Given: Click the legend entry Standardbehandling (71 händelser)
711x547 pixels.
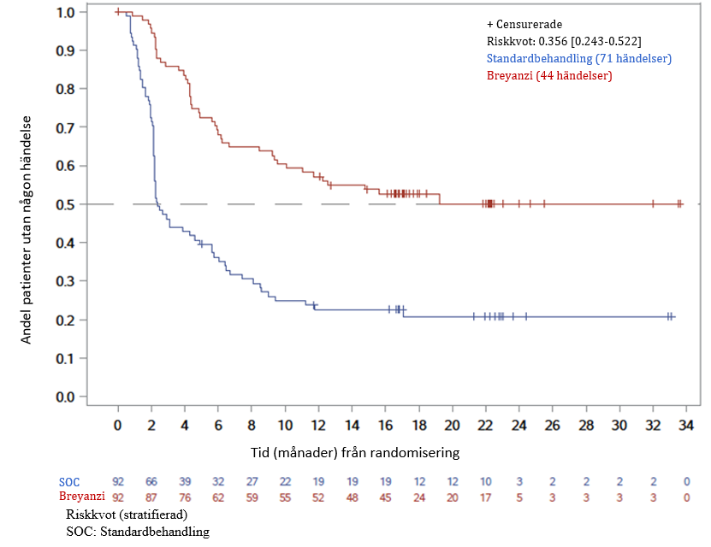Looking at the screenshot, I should (x=578, y=59).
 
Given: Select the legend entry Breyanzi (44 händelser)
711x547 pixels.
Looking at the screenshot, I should (x=549, y=76).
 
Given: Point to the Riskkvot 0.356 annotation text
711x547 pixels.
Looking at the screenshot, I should (x=564, y=42).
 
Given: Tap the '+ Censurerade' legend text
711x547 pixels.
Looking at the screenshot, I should (x=525, y=25).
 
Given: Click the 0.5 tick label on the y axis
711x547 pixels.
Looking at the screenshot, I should (x=64, y=204).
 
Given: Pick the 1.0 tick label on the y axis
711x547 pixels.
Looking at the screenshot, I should (x=64, y=12).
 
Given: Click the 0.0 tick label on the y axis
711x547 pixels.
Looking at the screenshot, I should (x=64, y=397).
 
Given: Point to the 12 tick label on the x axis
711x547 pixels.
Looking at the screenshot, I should (x=318, y=426).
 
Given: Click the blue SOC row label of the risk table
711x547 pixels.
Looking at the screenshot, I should (x=69, y=482).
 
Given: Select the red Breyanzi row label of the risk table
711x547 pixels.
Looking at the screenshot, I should (x=81, y=497).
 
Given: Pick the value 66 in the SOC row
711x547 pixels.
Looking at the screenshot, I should (x=151, y=482).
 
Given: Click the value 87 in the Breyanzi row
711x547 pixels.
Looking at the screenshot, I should (x=151, y=497).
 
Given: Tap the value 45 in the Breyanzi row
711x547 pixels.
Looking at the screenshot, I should (x=385, y=497).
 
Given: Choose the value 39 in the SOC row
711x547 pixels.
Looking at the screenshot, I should (x=185, y=482).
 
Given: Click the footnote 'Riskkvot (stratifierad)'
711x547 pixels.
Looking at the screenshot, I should (x=126, y=515).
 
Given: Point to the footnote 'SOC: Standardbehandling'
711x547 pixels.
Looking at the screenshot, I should (x=137, y=531).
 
